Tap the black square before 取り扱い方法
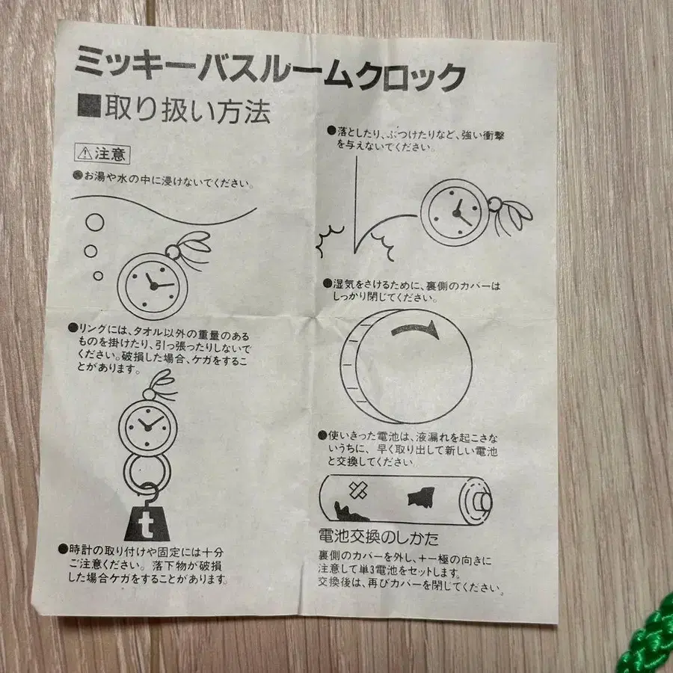pos(89,105)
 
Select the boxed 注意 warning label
pos(102,153)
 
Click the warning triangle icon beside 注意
pos(85,153)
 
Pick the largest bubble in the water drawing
pos(95,222)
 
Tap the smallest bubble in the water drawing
pos(98,275)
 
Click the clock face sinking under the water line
pos(153,286)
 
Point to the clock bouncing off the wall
pos(455,212)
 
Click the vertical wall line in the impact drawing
pos(356,205)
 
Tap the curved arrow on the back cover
pos(416,330)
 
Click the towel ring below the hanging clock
pos(147,471)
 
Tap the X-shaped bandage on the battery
pos(357,491)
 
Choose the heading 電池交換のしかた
pos(378,538)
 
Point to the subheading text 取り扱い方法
pos(188,109)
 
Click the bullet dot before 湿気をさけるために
pos(328,283)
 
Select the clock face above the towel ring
pos(147,426)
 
